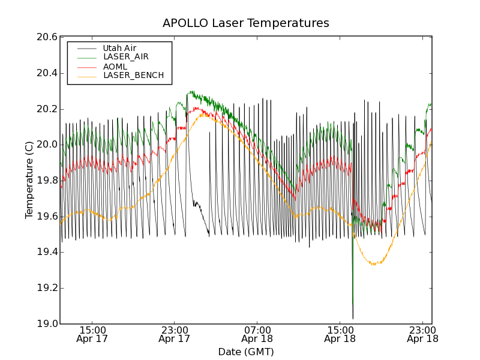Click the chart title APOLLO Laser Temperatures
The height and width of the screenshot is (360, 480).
click(245, 23)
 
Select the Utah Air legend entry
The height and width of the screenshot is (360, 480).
click(119, 48)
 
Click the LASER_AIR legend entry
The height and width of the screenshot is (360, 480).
click(125, 57)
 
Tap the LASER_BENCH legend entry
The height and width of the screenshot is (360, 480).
click(133, 76)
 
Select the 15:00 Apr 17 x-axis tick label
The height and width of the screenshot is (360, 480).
click(92, 334)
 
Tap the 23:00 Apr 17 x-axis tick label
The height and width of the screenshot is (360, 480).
click(174, 334)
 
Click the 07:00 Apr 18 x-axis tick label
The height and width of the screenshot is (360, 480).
click(257, 334)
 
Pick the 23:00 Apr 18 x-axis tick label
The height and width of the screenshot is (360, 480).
click(422, 334)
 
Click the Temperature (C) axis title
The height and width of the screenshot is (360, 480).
click(29, 180)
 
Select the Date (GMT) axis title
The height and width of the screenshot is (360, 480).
click(245, 352)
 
